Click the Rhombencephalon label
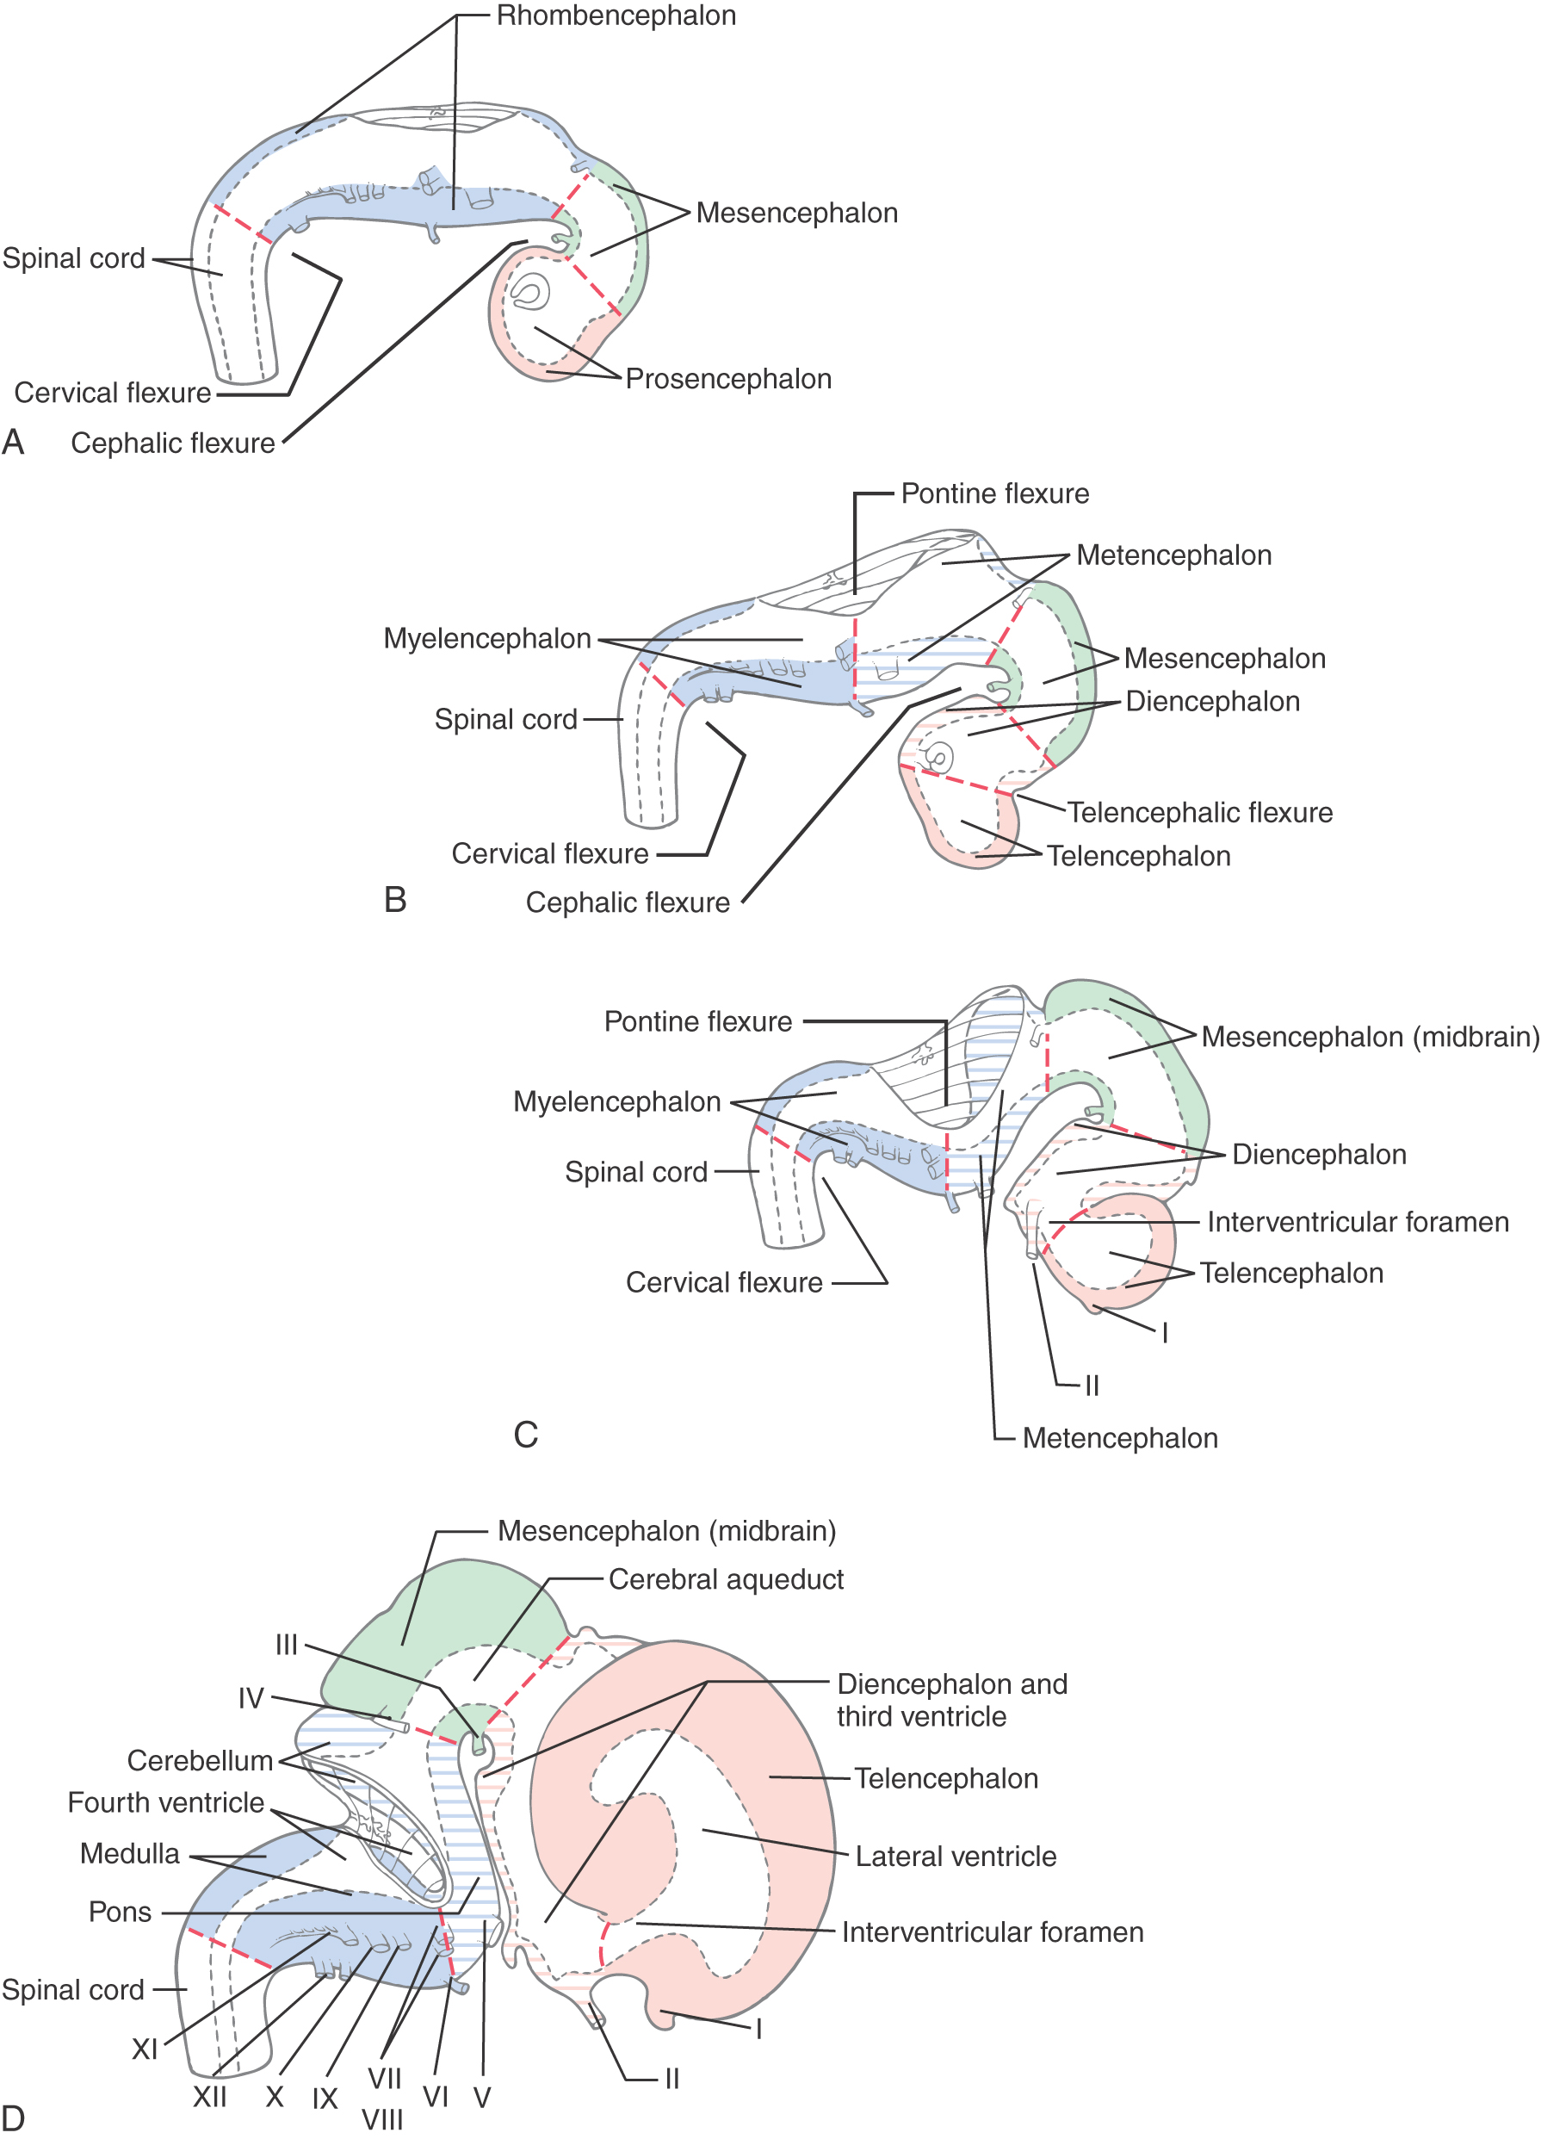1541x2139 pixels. (616, 16)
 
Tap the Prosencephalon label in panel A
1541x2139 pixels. (728, 379)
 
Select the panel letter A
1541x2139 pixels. (13, 442)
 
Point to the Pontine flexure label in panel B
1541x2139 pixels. (995, 493)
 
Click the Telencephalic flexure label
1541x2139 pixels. (1199, 812)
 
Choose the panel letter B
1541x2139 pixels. (395, 900)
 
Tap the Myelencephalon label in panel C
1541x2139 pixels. (616, 1101)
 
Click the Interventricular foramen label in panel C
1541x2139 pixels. (1358, 1222)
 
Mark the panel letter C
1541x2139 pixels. (525, 1435)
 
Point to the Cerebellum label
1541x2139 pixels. (200, 1761)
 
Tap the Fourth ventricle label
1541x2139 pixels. (166, 1802)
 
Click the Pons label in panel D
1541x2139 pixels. (120, 1912)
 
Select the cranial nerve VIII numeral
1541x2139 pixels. (382, 2120)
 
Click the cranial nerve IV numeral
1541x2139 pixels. (251, 1699)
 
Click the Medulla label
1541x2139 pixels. (129, 1853)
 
